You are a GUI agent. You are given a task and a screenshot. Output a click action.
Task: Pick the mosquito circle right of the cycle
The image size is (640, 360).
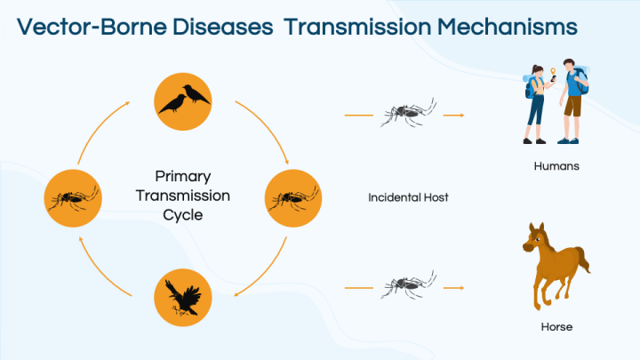click(293, 196)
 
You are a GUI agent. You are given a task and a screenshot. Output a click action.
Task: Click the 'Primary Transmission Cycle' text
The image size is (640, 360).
click(183, 196)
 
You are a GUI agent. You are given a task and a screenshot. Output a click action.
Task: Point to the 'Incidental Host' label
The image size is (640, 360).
click(408, 197)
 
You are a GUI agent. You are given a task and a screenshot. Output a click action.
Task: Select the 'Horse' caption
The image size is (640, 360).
click(556, 327)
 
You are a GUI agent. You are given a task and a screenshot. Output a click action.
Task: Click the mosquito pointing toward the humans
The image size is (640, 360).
click(408, 114)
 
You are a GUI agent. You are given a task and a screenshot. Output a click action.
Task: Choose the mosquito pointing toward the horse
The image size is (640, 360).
click(408, 286)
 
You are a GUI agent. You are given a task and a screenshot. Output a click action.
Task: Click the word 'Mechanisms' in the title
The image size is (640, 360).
click(506, 27)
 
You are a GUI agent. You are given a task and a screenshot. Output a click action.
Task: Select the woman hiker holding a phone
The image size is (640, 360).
click(537, 102)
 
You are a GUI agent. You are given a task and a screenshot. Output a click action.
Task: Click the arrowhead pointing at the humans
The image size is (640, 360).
click(460, 115)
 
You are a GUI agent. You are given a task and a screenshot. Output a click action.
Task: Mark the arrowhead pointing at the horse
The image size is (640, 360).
click(460, 288)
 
